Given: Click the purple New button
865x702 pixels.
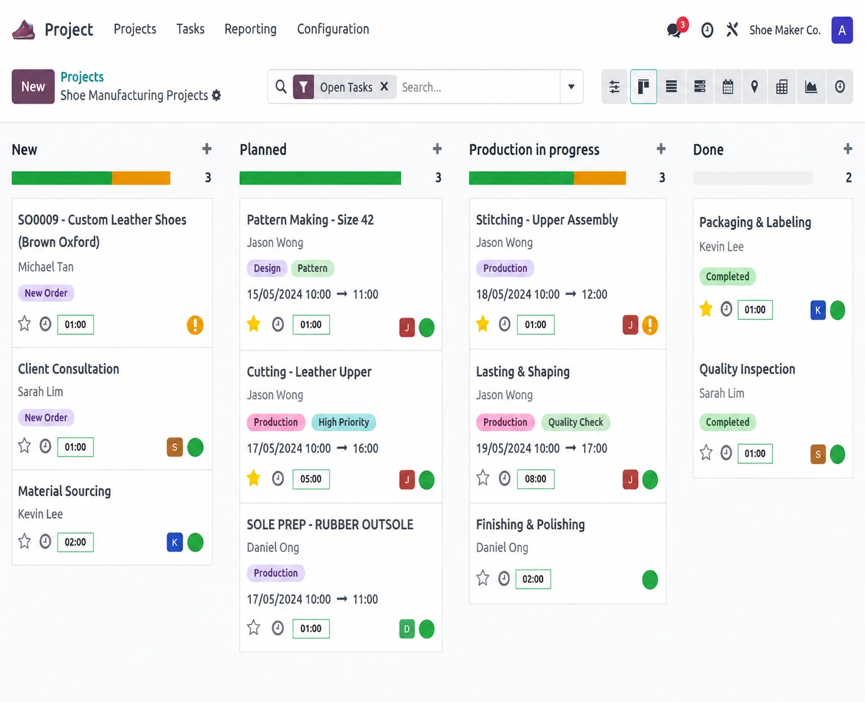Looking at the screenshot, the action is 33,86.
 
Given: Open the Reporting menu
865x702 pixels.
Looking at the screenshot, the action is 250,29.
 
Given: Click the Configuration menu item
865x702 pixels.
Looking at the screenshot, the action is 333,29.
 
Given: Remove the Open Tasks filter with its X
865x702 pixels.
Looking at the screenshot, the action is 384,86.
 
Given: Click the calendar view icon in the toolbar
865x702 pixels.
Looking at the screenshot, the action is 728,86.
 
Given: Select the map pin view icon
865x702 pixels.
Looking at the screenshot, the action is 754,86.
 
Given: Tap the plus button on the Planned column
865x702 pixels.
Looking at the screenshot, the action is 437,149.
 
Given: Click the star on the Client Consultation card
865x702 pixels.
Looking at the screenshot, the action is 24,446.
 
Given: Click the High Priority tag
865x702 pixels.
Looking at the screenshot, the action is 344,422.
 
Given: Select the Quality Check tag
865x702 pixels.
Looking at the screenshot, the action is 575,422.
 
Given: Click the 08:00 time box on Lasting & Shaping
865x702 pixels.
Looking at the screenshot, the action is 535,479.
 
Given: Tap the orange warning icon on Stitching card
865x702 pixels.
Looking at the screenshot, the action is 650,325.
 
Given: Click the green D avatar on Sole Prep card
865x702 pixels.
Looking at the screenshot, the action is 407,629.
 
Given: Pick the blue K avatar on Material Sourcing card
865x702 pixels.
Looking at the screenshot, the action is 175,542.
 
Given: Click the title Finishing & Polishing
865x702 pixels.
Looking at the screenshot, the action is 530,524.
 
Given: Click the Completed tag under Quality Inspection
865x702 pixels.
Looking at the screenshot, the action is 727,422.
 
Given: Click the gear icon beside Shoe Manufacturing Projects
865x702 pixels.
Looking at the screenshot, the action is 216,96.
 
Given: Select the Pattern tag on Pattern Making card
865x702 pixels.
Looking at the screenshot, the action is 313,268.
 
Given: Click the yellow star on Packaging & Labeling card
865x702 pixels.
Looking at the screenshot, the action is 706,309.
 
